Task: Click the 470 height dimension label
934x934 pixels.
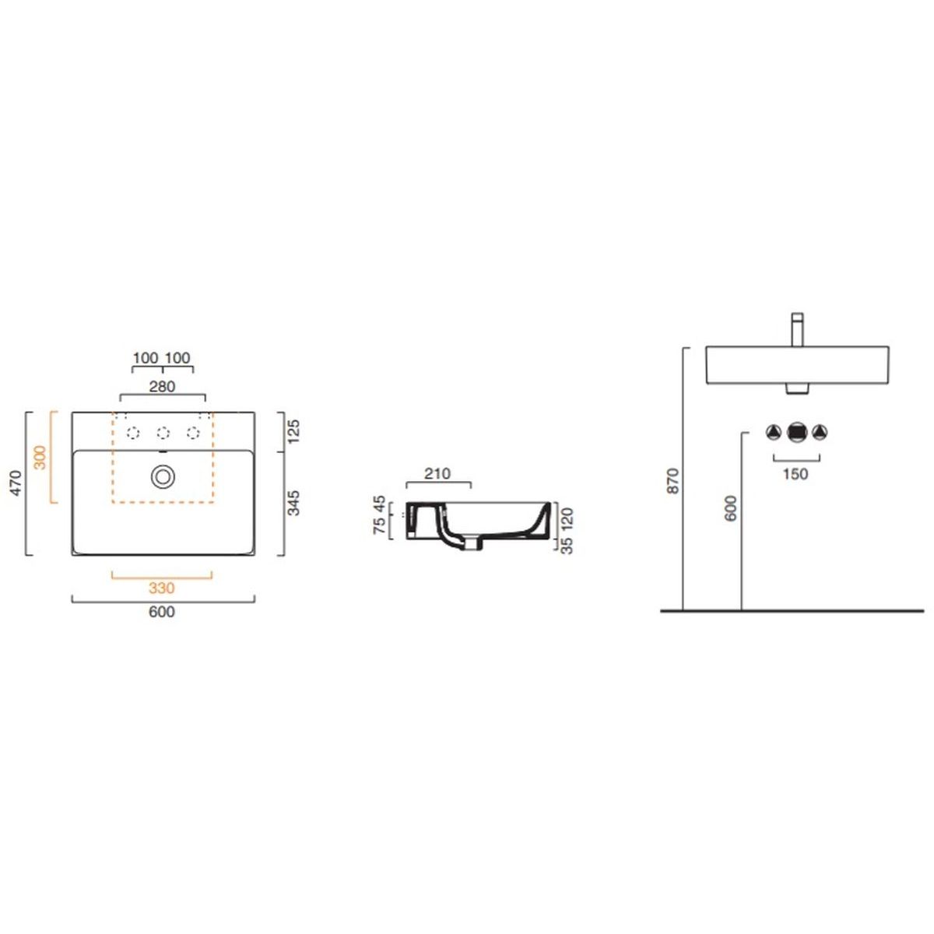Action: (16, 483)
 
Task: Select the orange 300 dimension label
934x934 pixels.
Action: (40, 458)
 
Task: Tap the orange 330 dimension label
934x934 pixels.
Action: (161, 588)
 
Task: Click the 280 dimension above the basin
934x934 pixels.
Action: (163, 386)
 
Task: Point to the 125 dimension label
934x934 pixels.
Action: (294, 431)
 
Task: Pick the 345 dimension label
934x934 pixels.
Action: (293, 503)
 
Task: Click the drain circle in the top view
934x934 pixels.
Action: (163, 477)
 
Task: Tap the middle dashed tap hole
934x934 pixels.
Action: (163, 433)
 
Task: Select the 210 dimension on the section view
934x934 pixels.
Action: (437, 473)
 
